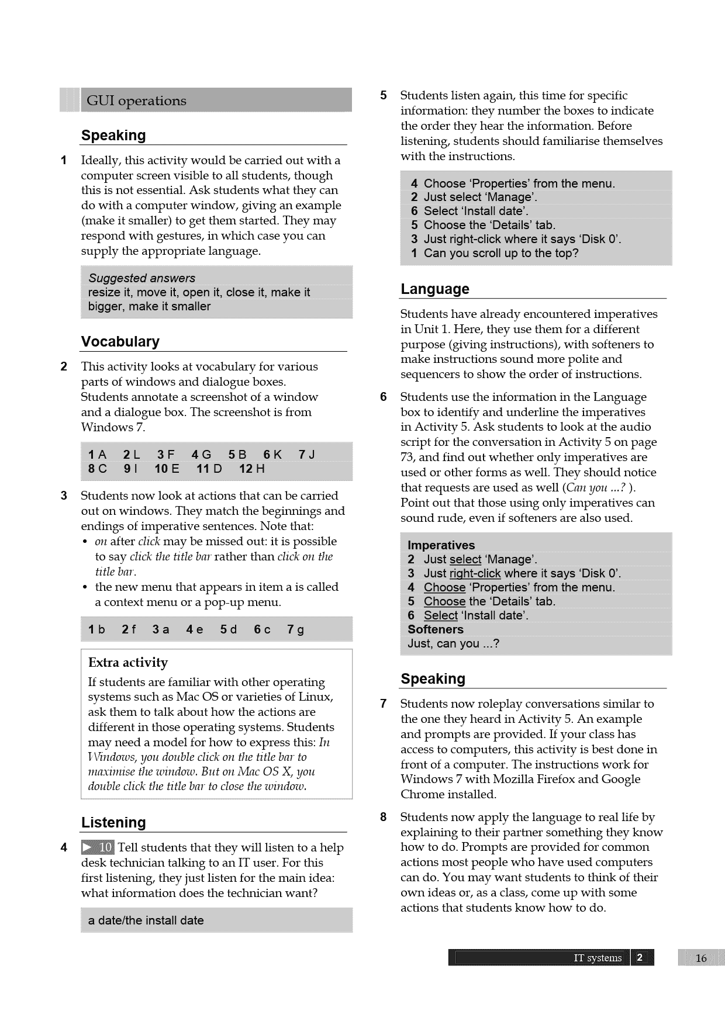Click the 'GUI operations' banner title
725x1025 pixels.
coord(136,101)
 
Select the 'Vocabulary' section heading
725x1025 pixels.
coord(120,341)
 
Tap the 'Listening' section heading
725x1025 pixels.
coord(113,822)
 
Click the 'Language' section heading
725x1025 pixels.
coord(434,289)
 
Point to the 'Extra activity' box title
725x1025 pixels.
coord(128,662)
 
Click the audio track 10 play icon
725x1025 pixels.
coord(98,847)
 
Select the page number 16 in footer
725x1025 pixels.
coord(701,958)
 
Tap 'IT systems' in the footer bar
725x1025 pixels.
coord(598,958)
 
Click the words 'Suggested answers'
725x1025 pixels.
coord(141,278)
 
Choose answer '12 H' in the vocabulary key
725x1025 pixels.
coord(252,469)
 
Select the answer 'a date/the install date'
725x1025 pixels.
coord(146,920)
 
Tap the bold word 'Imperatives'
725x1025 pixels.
coord(441,545)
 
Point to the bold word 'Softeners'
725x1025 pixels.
coord(435,629)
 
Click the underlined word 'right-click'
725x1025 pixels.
coord(475,573)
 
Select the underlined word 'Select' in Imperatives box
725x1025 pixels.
coord(440,615)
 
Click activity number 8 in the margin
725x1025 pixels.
coord(383,817)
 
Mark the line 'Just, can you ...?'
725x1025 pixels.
coord(453,643)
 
